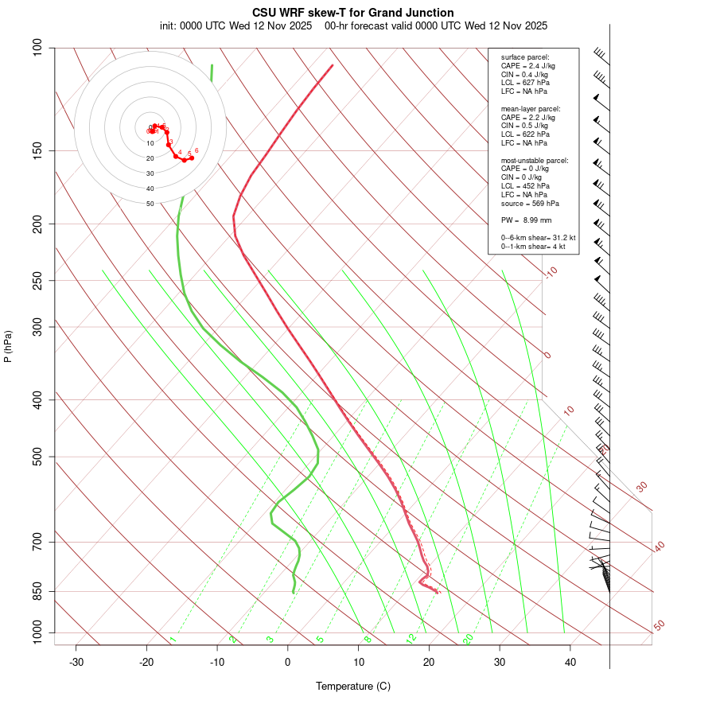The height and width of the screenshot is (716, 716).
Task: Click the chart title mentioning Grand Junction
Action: click(x=353, y=13)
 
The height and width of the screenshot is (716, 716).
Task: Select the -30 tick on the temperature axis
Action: click(x=76, y=662)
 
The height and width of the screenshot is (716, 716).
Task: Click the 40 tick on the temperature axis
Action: click(x=570, y=662)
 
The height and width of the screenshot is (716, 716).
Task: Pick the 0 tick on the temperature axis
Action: click(x=288, y=662)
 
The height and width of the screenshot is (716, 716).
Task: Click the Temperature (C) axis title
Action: click(x=353, y=686)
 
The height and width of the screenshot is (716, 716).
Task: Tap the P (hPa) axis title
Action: click(x=8, y=346)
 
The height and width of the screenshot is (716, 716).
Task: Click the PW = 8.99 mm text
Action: click(x=526, y=220)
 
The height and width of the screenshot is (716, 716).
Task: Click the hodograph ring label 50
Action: click(x=150, y=204)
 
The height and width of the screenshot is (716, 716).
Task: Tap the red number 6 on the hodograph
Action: click(x=197, y=150)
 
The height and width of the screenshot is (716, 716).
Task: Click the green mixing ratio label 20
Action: click(x=468, y=638)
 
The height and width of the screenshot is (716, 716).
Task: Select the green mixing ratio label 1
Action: click(x=173, y=639)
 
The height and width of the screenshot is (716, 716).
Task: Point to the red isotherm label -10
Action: click(x=551, y=272)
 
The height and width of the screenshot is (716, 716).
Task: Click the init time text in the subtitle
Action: click(x=235, y=26)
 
